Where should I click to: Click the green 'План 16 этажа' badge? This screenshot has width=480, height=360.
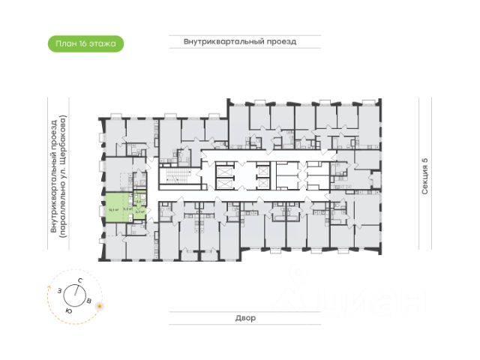click(85, 43)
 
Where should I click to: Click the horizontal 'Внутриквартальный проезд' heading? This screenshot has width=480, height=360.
click(240, 42)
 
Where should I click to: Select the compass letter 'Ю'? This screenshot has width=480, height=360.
click(69, 310)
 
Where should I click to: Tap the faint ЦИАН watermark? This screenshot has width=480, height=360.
click(367, 299)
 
